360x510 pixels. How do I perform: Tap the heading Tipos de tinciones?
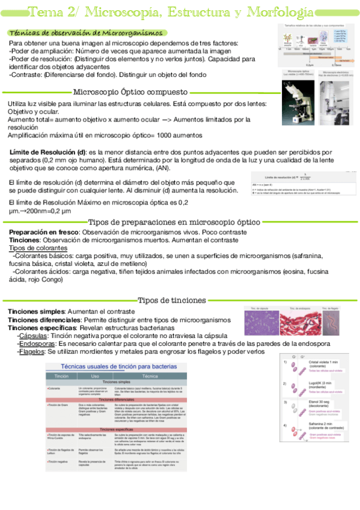click(172, 300)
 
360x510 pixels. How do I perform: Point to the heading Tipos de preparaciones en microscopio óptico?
click(174, 221)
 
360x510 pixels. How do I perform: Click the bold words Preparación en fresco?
click(44, 232)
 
